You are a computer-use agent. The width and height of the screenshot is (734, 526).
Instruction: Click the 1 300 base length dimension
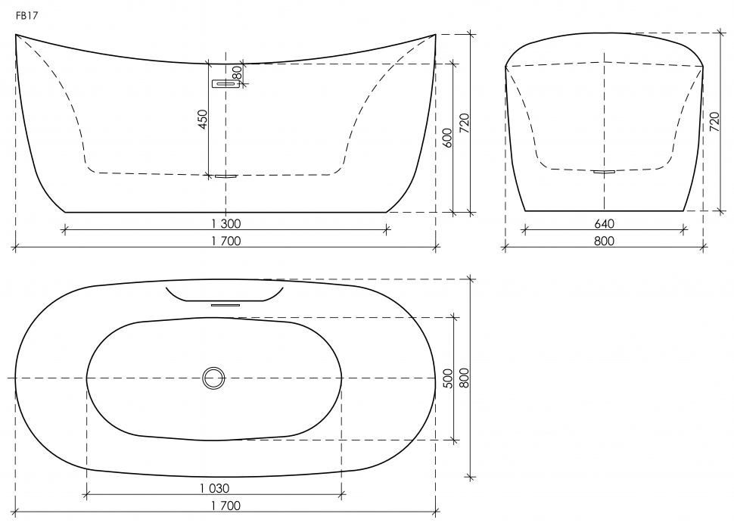click(225, 223)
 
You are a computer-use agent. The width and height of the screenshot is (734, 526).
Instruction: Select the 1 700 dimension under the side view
click(225, 241)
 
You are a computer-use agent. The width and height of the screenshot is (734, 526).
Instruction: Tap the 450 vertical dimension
click(202, 119)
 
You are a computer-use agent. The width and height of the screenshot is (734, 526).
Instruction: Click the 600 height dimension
click(447, 137)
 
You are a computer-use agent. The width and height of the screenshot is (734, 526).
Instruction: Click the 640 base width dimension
click(604, 223)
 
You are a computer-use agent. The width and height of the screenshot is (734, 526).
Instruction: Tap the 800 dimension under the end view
click(604, 241)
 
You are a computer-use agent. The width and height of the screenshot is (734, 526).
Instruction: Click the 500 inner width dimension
click(447, 378)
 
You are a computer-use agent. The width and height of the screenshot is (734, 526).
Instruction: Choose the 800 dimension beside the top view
click(465, 378)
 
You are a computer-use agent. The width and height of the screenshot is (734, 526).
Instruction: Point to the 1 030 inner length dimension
click(214, 488)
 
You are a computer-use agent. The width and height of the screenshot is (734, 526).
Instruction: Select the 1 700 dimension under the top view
click(225, 506)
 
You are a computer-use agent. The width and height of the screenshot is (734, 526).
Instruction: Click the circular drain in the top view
click(214, 377)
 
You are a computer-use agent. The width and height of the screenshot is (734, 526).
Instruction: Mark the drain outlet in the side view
click(225, 176)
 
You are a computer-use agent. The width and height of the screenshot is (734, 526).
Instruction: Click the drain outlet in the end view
click(604, 172)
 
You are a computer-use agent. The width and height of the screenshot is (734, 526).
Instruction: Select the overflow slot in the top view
click(225, 304)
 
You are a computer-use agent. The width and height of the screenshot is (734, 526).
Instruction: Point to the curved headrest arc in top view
click(224, 294)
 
